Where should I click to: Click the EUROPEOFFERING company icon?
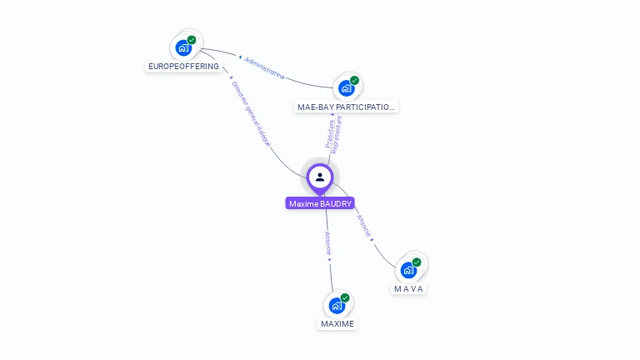tap(183, 47)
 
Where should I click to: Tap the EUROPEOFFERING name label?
tap(183, 66)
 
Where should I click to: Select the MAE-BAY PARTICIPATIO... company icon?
tap(346, 87)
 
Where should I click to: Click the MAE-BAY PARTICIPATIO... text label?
tap(347, 107)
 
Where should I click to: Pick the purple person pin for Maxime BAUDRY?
tap(320, 177)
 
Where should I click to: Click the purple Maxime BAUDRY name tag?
tap(320, 203)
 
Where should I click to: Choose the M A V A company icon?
tap(408, 269)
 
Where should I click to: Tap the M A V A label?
tap(409, 288)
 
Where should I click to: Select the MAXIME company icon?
tap(337, 305)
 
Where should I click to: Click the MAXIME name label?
tap(337, 323)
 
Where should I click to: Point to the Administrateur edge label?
tap(265, 68)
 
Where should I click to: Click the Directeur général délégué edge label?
tap(252, 113)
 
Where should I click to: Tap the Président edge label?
tap(328, 134)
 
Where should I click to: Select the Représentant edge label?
tap(337, 134)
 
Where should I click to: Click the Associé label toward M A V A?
tap(364, 226)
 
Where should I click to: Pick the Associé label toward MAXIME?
tap(328, 244)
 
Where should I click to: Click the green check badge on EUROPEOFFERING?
tap(192, 40)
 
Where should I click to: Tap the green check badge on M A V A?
tap(417, 262)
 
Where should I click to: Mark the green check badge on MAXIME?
tap(345, 297)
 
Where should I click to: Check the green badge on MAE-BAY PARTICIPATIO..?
tap(354, 81)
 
